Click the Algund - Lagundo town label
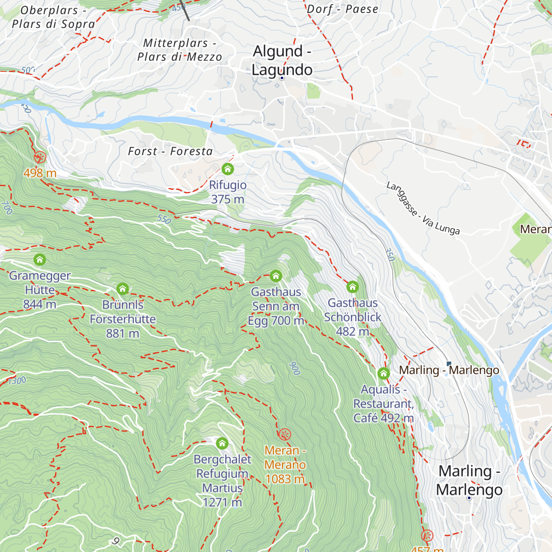click(x=282, y=60)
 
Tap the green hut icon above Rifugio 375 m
click(x=228, y=169)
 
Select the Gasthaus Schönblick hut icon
click(x=352, y=287)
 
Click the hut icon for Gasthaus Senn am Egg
click(x=276, y=276)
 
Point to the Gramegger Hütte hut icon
click(x=40, y=260)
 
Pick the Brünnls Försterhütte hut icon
click(x=122, y=289)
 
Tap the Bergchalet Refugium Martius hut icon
click(x=222, y=443)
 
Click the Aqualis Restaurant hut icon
click(x=384, y=373)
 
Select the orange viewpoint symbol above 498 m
click(x=40, y=157)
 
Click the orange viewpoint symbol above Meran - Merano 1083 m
click(x=285, y=434)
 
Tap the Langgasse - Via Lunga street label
click(x=423, y=208)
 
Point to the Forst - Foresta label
click(x=170, y=151)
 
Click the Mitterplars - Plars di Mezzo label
click(x=179, y=50)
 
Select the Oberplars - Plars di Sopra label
click(x=53, y=17)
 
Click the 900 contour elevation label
click(x=294, y=368)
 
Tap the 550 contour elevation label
click(x=164, y=219)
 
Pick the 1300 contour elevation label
click(x=17, y=380)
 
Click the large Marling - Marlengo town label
click(x=469, y=480)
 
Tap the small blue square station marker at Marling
click(x=449, y=364)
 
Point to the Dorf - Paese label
click(x=342, y=9)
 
